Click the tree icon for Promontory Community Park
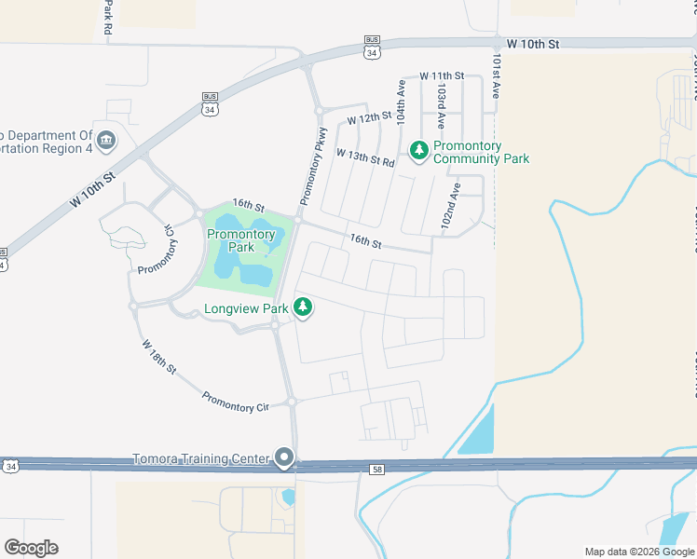pyautogui.click(x=418, y=149)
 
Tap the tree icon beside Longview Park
pyautogui.click(x=302, y=307)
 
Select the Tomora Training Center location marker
pyautogui.click(x=285, y=458)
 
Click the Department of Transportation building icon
pyautogui.click(x=106, y=141)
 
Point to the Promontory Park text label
pyautogui.click(x=241, y=240)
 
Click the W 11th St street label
pyautogui.click(x=442, y=75)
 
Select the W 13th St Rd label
pyautogui.click(x=365, y=157)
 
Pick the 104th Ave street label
pyautogui.click(x=402, y=102)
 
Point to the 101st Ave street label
pyautogui.click(x=498, y=75)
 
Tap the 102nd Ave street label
pyautogui.click(x=453, y=206)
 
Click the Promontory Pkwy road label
pyautogui.click(x=313, y=166)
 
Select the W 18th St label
pyautogui.click(x=159, y=357)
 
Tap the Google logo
pyautogui.click(x=31, y=548)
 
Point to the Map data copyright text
pyautogui.click(x=639, y=552)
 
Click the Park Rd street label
pyautogui.click(x=108, y=17)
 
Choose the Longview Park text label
pyautogui.click(x=246, y=308)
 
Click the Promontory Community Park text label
pyautogui.click(x=481, y=153)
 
